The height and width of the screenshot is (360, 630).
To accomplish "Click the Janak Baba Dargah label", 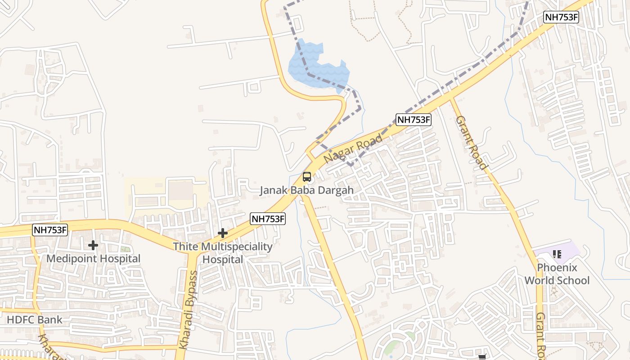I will point(306,190).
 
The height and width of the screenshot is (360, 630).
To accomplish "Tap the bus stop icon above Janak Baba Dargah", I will point(307,177).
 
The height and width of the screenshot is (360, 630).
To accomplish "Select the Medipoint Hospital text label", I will point(94,259).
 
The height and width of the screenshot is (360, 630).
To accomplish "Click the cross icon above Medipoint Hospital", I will point(93,245).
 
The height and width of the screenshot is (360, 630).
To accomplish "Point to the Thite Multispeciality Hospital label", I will point(223,253).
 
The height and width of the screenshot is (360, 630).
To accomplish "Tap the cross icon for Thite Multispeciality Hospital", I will point(222,233).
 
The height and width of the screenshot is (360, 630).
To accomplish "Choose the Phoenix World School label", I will point(557,274).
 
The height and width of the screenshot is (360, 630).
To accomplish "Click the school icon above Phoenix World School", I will point(557,254).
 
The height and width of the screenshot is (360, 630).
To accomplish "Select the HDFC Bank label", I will point(35,320).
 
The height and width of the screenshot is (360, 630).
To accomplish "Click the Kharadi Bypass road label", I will point(188,310).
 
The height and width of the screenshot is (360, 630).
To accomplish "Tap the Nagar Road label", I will point(353,149).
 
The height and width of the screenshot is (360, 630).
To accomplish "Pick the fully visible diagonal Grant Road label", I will point(472,143).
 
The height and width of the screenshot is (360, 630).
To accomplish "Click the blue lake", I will point(315,63).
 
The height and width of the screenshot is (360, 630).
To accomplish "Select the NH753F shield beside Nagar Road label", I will point(414,120).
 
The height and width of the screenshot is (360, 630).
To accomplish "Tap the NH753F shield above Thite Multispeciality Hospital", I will point(268,219).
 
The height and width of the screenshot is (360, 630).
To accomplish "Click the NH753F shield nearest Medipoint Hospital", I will point(50,230).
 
